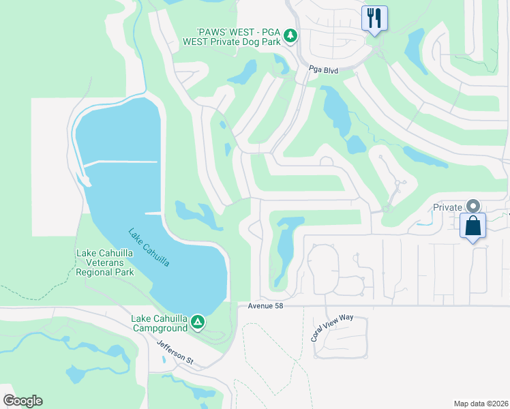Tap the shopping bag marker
click(x=472, y=226)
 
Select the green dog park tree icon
click(x=290, y=35)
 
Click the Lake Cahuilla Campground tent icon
click(x=197, y=321)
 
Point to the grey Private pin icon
click(x=472, y=206)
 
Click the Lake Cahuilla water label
click(x=149, y=247)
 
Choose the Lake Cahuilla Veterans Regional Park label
click(x=105, y=262)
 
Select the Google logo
click(x=22, y=401)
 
